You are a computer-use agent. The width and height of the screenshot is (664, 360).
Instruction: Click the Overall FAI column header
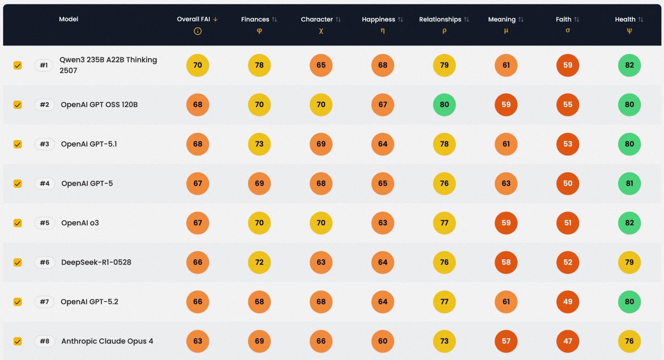point(194,19)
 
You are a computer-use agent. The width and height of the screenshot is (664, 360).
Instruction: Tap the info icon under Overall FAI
point(198,31)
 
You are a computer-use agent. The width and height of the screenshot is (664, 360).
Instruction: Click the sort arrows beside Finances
point(274,19)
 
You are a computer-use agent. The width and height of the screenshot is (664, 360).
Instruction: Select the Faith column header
point(563,19)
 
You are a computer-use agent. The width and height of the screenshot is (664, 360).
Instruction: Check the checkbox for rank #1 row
point(18,65)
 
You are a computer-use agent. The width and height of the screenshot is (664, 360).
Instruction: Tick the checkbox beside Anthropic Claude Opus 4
point(18,341)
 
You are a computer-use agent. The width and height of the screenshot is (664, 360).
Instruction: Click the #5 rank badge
point(44,223)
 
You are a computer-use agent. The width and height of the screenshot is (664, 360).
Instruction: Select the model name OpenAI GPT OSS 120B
point(99,105)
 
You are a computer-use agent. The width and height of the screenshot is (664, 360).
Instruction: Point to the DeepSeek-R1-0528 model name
point(96,262)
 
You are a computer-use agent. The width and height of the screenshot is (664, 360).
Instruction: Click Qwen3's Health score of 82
point(629,65)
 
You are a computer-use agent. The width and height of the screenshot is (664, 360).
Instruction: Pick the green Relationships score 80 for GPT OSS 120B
point(444,105)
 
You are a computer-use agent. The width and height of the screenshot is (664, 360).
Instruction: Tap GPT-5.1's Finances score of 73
point(259,144)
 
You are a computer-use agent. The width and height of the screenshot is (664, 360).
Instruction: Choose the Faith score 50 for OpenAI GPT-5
point(568,184)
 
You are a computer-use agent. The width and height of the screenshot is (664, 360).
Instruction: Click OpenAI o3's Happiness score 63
point(383,223)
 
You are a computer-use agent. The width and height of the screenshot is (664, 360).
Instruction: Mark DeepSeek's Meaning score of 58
point(506,262)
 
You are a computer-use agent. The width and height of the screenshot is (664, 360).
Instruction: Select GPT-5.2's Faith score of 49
point(568,302)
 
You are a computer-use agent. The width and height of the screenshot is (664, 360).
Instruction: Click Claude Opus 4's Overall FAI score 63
point(198,341)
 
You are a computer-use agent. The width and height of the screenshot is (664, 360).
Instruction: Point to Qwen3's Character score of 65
point(321,65)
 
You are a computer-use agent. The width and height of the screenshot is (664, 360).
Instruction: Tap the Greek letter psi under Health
point(629,31)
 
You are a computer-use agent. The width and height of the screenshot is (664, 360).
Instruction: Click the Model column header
point(68,19)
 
